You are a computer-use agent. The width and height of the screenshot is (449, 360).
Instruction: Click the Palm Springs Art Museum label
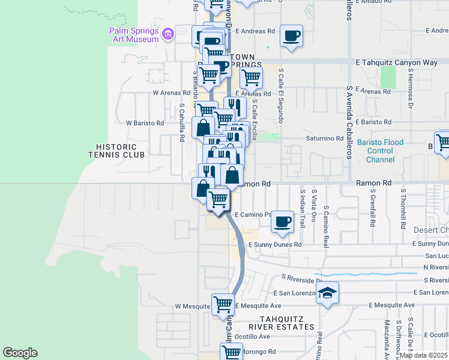click(x=134, y=35)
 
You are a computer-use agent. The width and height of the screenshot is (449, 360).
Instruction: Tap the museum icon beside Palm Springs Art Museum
click(x=167, y=35)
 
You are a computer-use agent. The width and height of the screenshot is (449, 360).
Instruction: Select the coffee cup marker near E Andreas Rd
click(x=291, y=36)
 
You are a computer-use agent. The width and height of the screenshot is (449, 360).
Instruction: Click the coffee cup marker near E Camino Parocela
click(x=282, y=222)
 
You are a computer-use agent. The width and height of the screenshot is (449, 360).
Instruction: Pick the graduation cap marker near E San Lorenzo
click(x=328, y=293)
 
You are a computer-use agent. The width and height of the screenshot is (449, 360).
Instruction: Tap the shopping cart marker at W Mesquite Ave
click(x=223, y=304)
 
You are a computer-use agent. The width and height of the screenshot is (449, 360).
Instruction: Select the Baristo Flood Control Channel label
click(x=388, y=151)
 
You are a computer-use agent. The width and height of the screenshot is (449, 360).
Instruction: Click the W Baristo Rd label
click(x=145, y=123)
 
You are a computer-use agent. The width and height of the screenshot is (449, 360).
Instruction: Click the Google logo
click(x=20, y=353)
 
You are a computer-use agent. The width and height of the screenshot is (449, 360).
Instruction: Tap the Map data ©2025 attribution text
click(x=424, y=355)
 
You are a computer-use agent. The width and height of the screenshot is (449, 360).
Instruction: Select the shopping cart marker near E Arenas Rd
click(x=251, y=77)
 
